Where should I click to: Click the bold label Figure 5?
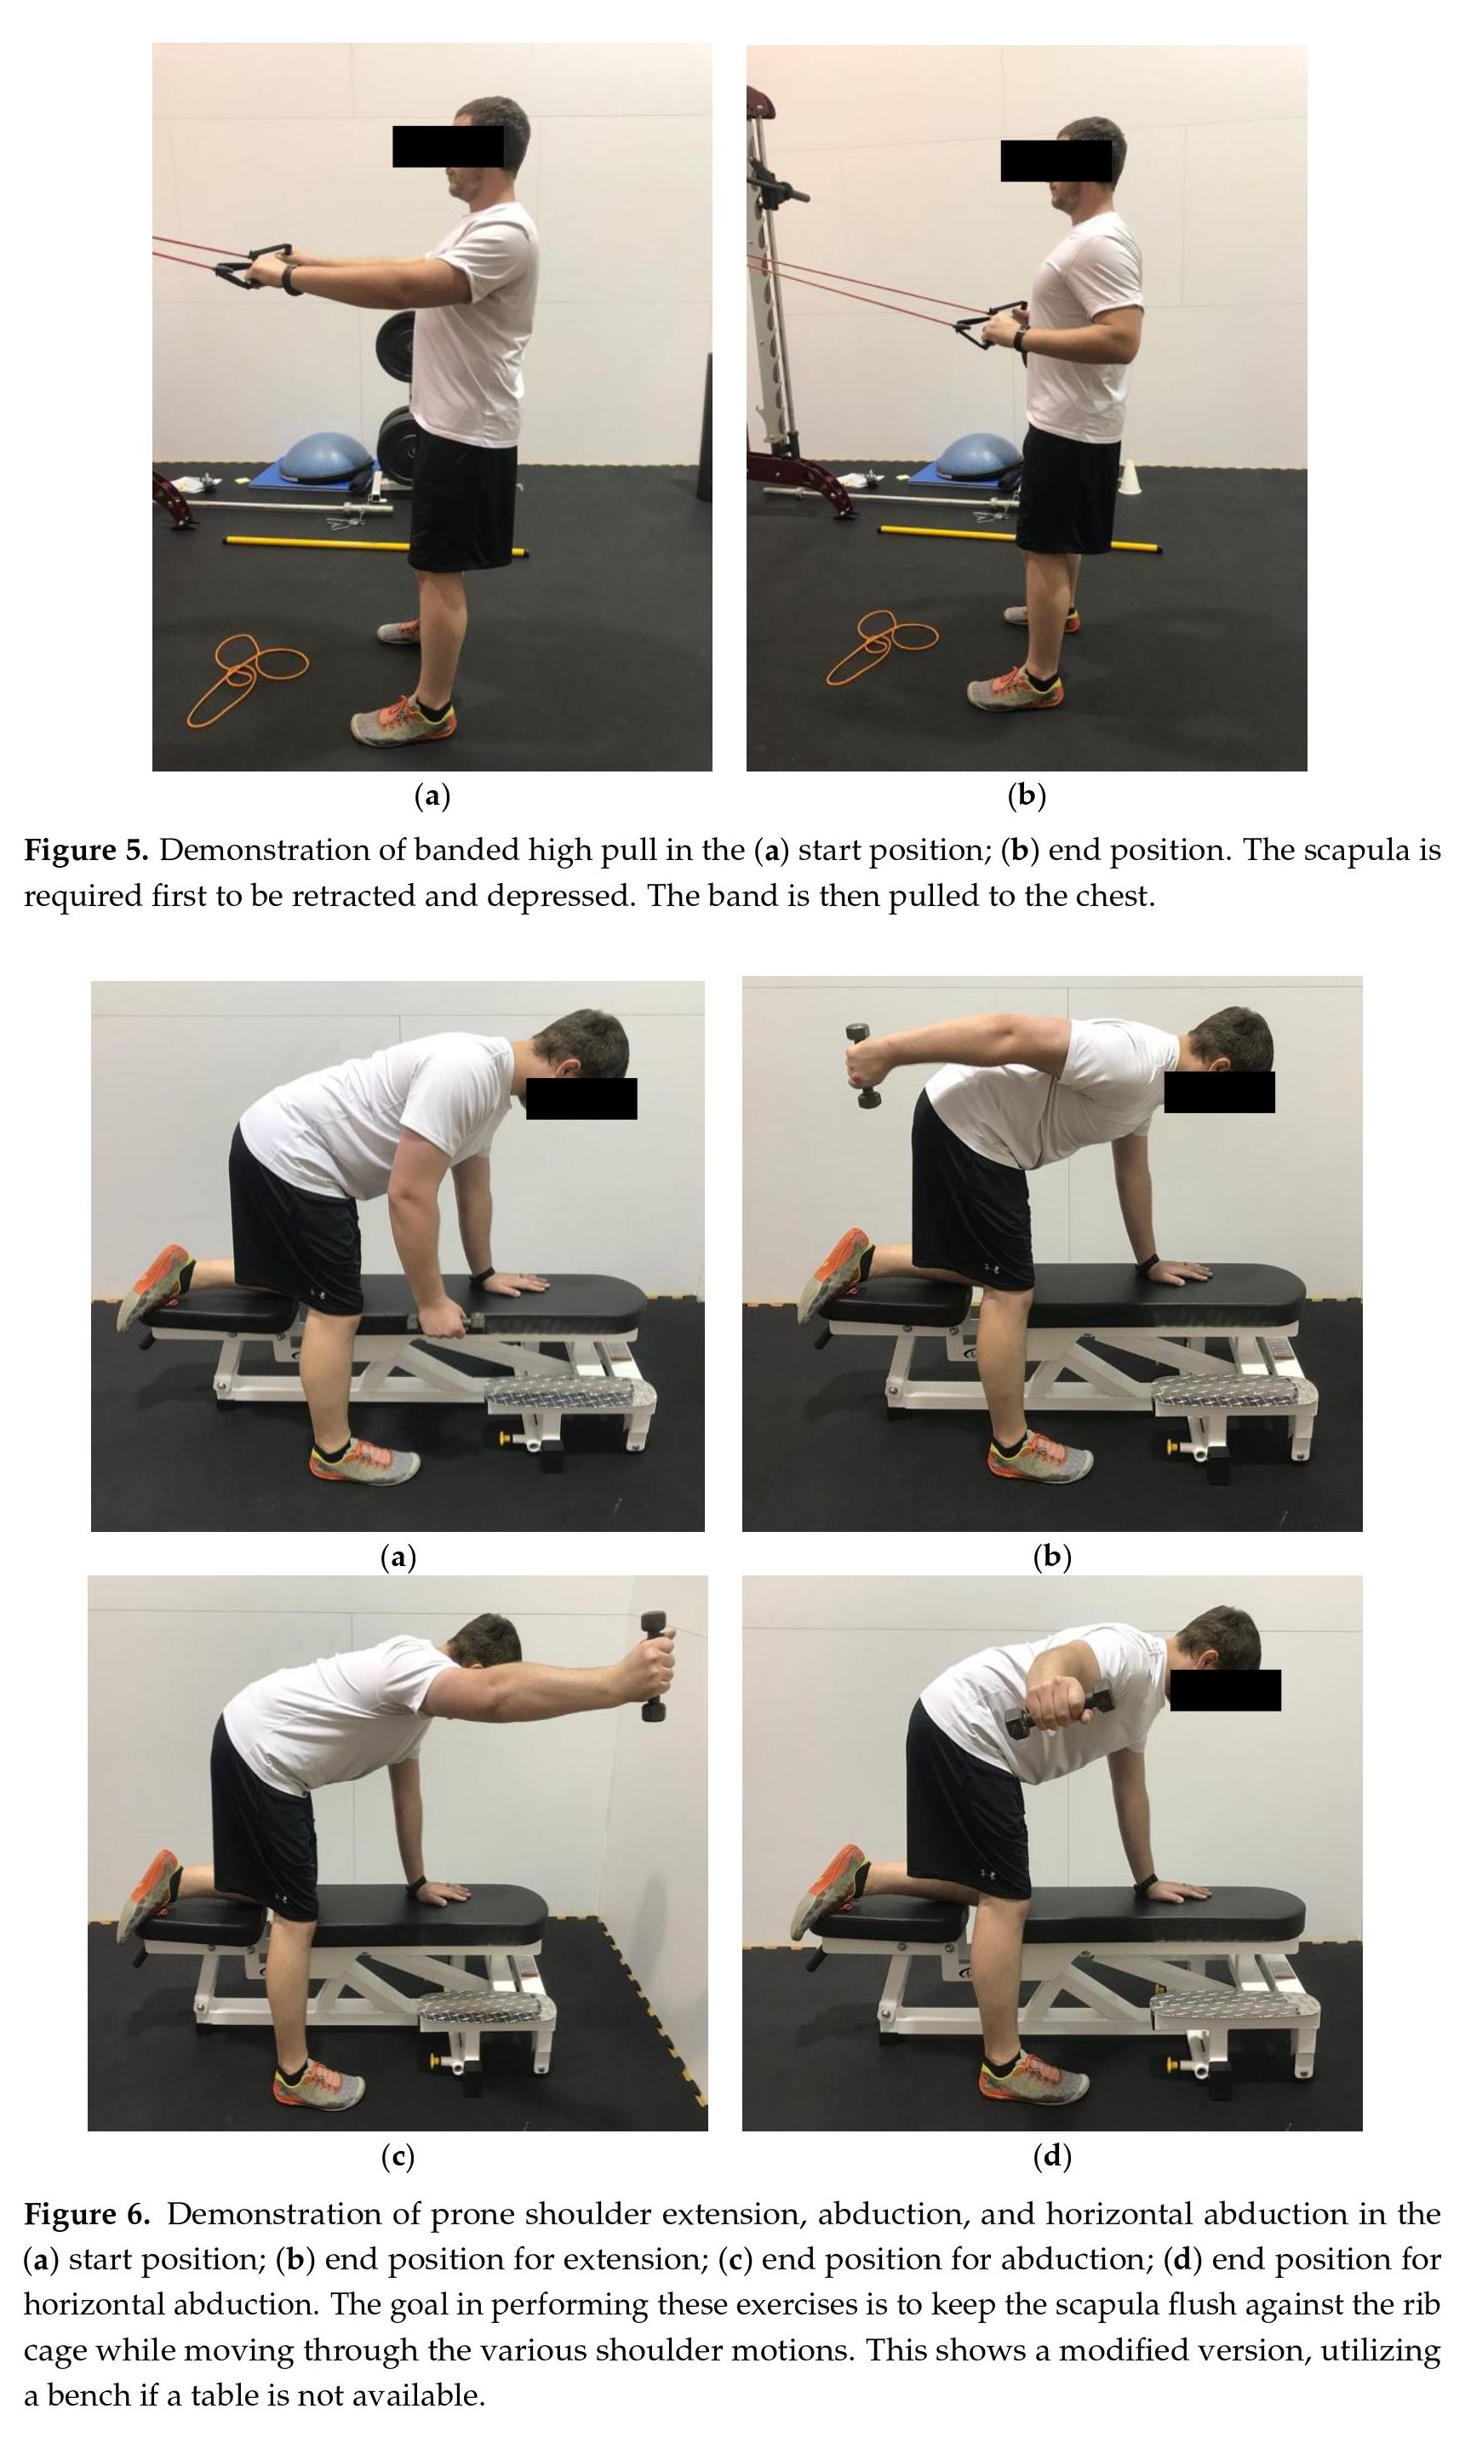click(87, 850)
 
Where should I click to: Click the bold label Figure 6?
click(87, 2214)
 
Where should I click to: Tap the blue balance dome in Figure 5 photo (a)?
click(326, 458)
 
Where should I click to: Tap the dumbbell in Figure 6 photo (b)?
click(861, 1065)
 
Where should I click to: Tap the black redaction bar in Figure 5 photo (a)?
click(449, 146)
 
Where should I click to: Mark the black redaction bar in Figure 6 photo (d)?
click(1225, 1689)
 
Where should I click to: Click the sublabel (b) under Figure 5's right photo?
click(1026, 795)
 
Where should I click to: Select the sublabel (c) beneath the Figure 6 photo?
click(398, 2157)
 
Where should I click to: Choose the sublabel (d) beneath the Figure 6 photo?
click(1052, 2157)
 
